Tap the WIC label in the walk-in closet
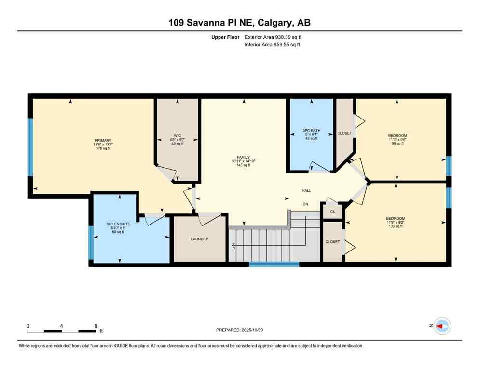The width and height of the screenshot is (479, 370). click(178, 135)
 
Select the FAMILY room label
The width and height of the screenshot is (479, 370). click(243, 157)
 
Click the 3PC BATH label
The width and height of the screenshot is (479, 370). click(312, 131)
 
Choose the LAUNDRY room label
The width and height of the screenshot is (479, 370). click(199, 239)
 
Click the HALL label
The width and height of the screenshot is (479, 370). click(306, 191)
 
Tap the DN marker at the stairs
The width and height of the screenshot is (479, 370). click(305, 204)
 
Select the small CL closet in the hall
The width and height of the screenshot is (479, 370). click(332, 211)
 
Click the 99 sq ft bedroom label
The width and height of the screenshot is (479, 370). click(397, 135)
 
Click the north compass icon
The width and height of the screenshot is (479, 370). click(441, 326)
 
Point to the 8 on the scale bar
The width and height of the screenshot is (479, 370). click(96, 326)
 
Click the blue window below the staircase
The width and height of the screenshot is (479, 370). click(274, 264)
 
